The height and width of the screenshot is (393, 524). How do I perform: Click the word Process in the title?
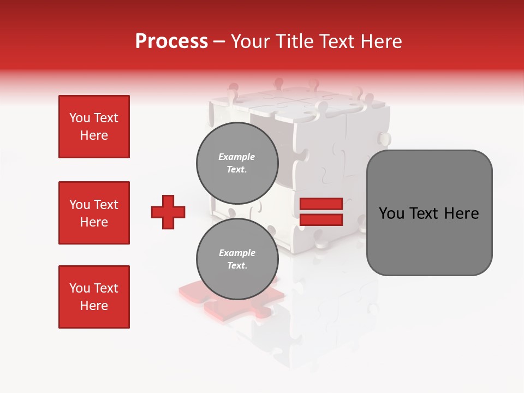[x=171, y=41]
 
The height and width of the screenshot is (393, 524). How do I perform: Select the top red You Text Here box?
[x=94, y=127]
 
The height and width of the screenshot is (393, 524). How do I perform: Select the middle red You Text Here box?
[x=94, y=213]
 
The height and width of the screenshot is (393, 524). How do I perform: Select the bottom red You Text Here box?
[x=94, y=297]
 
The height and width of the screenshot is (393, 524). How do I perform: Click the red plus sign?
[x=168, y=212]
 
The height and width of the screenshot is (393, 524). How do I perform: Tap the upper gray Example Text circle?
[x=237, y=163]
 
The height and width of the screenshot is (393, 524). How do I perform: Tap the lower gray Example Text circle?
[x=237, y=259]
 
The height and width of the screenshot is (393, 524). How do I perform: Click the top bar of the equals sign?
[x=321, y=204]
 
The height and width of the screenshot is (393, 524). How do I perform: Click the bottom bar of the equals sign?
[x=321, y=220]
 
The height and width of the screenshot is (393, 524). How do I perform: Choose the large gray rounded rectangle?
[x=429, y=213]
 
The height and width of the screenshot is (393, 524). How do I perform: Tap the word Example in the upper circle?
[x=237, y=157]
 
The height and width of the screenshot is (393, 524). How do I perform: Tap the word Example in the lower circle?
[x=237, y=253]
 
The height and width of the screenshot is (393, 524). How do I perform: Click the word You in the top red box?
[x=80, y=118]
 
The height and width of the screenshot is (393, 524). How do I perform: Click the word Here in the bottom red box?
[x=94, y=306]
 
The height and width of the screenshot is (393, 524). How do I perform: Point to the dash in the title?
[x=219, y=41]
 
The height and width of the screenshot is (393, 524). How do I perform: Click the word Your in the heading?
[x=249, y=41]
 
